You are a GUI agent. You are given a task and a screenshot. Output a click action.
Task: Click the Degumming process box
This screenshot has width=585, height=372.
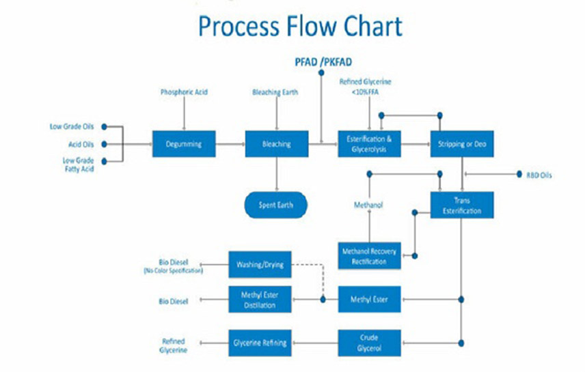click(x=183, y=144)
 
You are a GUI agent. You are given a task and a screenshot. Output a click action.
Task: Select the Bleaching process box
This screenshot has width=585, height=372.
click(x=276, y=144)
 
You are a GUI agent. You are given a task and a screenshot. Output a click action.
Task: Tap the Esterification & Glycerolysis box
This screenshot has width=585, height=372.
click(x=370, y=144)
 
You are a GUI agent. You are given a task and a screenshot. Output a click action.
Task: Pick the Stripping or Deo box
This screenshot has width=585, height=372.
click(x=462, y=144)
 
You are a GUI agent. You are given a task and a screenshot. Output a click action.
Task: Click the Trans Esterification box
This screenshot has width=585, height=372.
click(x=462, y=205)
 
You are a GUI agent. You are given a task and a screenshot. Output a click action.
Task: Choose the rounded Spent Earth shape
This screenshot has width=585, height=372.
click(x=276, y=204)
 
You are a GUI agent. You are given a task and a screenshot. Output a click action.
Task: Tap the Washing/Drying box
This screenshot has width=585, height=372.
click(x=260, y=263)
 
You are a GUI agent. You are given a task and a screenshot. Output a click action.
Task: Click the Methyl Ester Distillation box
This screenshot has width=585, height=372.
click(x=260, y=300)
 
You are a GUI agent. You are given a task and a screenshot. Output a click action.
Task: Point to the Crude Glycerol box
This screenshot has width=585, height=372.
click(x=370, y=343)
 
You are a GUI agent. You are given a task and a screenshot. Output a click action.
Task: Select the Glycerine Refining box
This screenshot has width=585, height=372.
click(x=260, y=343)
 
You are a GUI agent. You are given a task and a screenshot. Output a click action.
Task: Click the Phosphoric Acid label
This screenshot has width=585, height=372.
click(x=183, y=91)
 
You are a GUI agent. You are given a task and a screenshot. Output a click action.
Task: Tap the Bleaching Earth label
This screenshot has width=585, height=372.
click(x=275, y=91)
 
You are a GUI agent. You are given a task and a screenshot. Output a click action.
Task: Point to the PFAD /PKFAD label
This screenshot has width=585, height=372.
click(x=322, y=61)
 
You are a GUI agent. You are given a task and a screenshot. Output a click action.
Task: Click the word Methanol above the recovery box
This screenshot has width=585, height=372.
click(x=369, y=205)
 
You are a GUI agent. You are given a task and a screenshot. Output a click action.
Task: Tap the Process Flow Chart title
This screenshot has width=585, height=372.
click(x=299, y=27)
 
